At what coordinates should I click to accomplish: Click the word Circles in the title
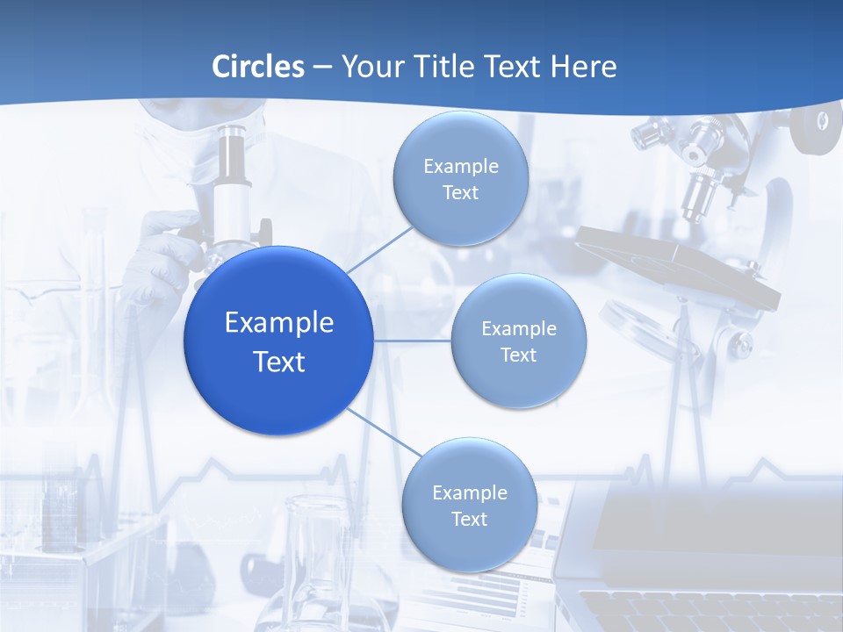tap(258, 67)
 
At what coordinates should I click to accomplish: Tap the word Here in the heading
tap(583, 67)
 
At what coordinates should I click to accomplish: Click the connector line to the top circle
tap(378, 249)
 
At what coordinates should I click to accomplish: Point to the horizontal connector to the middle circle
tap(412, 341)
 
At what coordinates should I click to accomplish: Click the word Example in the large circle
tap(279, 322)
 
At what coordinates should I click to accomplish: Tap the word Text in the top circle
tap(460, 193)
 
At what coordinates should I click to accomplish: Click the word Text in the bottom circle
tap(469, 520)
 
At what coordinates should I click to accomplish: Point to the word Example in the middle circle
tap(519, 328)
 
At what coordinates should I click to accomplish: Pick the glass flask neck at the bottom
tap(316, 535)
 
